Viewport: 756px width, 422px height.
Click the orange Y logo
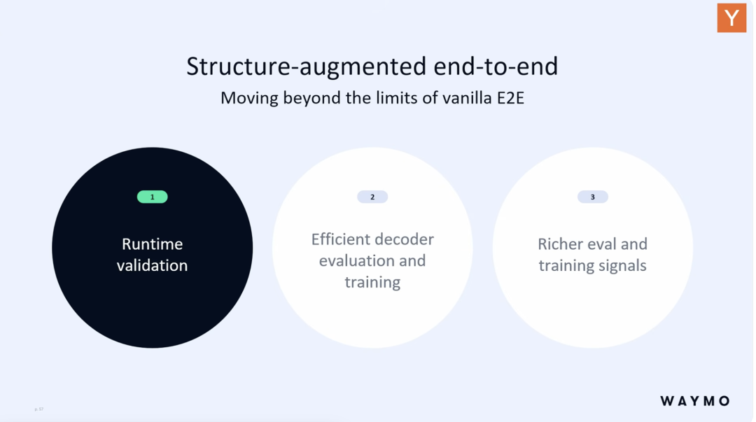point(731,17)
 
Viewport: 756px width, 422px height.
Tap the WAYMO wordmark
point(695,401)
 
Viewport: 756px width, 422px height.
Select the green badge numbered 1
point(153,197)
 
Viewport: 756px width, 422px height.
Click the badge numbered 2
point(372,197)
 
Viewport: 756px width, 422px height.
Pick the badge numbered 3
point(593,197)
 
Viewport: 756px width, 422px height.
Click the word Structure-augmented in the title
point(306,66)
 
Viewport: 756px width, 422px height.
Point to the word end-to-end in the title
point(496,66)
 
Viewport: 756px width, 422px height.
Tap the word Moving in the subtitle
point(249,99)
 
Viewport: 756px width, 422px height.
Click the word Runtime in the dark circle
point(153,244)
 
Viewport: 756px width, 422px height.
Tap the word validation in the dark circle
point(153,265)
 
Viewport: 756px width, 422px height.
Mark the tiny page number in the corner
point(39,409)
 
